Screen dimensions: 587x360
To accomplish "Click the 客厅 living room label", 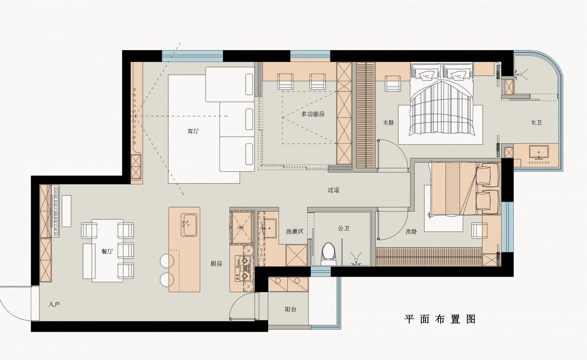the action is (x=193, y=131).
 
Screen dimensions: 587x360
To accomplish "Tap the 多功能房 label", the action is (x=313, y=114).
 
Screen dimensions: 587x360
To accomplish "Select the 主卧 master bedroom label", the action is (x=388, y=123).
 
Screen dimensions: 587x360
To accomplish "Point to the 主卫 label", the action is (x=536, y=123).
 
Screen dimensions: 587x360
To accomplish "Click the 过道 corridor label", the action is (x=333, y=189).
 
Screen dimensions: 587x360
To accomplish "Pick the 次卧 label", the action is (x=411, y=232).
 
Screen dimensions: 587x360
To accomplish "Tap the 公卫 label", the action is (x=343, y=228).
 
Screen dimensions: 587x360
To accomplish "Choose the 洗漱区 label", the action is (x=295, y=231).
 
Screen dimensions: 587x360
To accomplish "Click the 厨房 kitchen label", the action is (x=216, y=264).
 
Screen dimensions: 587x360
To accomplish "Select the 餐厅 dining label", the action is (x=107, y=251).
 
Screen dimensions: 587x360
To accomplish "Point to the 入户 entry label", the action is (x=54, y=304).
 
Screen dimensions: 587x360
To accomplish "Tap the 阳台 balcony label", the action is (x=291, y=309).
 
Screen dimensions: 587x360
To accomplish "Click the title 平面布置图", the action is (x=440, y=319).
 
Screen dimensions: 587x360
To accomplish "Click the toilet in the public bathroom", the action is (x=329, y=254).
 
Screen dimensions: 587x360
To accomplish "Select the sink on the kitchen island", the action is (x=189, y=225).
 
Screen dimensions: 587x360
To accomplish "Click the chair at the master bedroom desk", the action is (x=393, y=83).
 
